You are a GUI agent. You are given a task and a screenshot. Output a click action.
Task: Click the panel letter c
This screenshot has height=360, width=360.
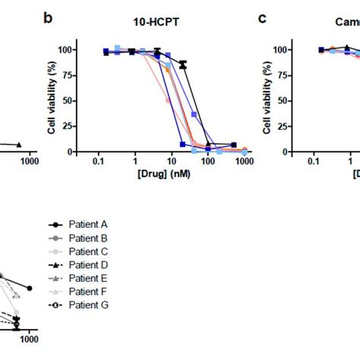tap(262, 16)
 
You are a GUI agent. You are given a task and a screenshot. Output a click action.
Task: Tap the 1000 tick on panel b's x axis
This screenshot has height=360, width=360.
tap(245, 163)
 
